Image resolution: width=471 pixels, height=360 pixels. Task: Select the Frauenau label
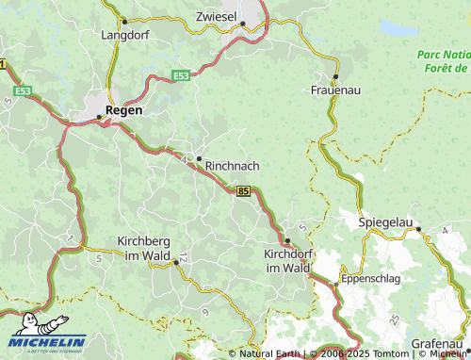coord(336,90)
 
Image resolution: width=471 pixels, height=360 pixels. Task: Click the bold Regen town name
coord(124,110)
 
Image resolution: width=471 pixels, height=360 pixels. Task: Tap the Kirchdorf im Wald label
coord(287,261)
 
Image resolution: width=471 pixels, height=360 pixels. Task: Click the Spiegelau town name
coord(386,222)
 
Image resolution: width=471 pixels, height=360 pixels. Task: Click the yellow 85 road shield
coord(244,191)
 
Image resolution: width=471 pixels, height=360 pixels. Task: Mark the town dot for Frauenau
coord(335,75)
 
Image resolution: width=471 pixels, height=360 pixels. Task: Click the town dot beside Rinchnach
coord(199,158)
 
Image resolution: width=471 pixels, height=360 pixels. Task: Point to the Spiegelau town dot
coord(419,229)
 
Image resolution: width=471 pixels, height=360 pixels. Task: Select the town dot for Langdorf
coord(123,21)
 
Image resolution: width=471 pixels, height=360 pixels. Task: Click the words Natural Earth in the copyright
coord(269,354)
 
